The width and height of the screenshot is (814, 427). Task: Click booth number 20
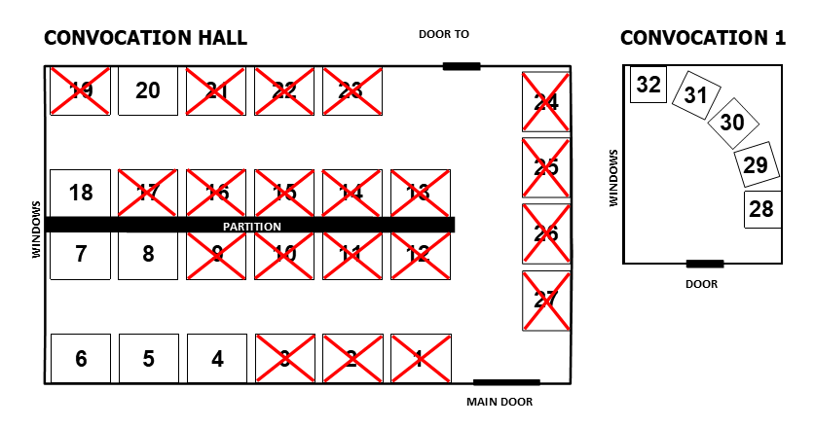pyautogui.click(x=148, y=91)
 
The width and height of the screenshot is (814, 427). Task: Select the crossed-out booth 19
pyautogui.click(x=81, y=91)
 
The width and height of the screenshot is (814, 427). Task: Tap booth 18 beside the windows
pyautogui.click(x=81, y=193)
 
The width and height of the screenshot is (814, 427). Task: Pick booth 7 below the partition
pyautogui.click(x=81, y=255)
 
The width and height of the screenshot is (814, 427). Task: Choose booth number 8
pyautogui.click(x=148, y=255)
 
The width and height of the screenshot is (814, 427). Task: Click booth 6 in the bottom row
pyautogui.click(x=81, y=359)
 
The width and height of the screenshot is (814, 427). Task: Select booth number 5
pyautogui.click(x=148, y=359)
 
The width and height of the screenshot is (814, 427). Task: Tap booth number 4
pyautogui.click(x=216, y=359)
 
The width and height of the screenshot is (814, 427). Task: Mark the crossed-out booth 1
pyautogui.click(x=421, y=359)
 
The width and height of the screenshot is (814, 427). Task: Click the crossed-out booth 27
pyautogui.click(x=546, y=301)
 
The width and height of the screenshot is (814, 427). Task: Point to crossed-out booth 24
pyautogui.click(x=546, y=101)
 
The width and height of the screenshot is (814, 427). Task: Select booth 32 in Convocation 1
pyautogui.click(x=647, y=85)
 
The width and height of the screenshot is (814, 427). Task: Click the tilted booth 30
pyautogui.click(x=731, y=122)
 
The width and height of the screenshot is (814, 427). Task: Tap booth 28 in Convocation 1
pyautogui.click(x=761, y=209)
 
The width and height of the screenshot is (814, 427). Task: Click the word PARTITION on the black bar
pyautogui.click(x=252, y=226)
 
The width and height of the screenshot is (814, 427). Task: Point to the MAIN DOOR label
pyautogui.click(x=499, y=402)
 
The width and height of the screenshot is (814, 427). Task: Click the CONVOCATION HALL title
pyautogui.click(x=146, y=38)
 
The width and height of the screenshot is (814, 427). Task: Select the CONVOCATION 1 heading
pyautogui.click(x=702, y=38)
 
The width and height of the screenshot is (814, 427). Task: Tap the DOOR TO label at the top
pyautogui.click(x=444, y=34)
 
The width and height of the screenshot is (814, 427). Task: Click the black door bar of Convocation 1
pyautogui.click(x=705, y=264)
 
